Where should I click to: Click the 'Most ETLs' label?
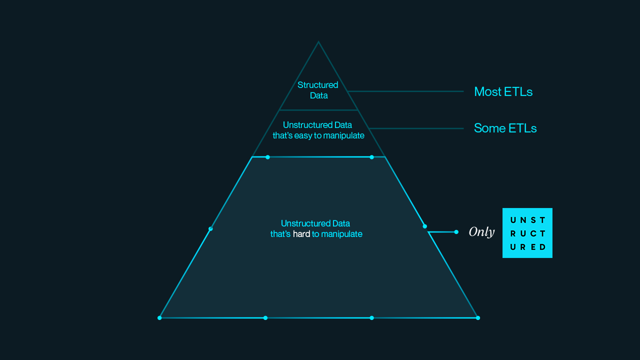503,91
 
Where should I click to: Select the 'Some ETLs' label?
505,128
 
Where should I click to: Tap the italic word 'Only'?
481,232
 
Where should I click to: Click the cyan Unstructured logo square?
527,233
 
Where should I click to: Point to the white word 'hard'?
301,234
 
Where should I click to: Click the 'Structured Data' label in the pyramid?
318,90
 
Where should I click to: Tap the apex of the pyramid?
318,41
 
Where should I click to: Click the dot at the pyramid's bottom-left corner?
159,317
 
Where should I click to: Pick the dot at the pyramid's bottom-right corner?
478,317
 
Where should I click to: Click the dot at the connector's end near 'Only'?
456,232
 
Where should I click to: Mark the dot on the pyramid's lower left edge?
210,228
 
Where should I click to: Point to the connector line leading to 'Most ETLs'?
405,91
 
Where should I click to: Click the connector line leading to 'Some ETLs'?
416,128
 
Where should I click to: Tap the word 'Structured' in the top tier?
318,85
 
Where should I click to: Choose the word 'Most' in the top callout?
487,91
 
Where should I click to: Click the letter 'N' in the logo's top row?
523,220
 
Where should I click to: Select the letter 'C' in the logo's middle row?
533,233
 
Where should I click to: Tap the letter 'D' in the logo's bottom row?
542,247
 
